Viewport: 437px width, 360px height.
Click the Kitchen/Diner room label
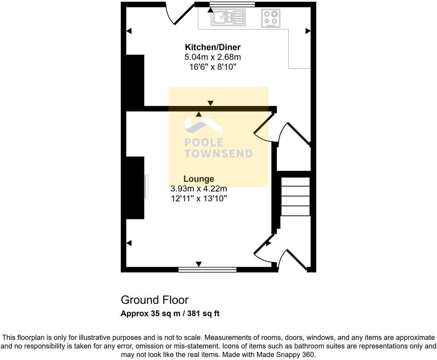(x=213, y=47)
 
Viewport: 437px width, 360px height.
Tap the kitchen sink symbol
(x=228, y=17)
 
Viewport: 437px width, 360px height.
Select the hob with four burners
(x=271, y=18)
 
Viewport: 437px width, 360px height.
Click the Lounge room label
(x=199, y=179)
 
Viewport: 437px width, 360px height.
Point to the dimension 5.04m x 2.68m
(x=213, y=57)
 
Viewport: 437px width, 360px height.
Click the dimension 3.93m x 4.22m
(x=199, y=189)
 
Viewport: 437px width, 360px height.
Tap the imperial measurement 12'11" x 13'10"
(x=199, y=198)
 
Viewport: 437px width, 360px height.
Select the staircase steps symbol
(x=295, y=196)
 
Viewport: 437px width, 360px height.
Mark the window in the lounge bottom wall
(x=207, y=270)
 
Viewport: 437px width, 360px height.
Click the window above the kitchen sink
(x=232, y=4)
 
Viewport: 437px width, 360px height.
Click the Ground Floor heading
(x=154, y=300)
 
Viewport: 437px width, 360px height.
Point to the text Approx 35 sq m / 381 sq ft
(x=170, y=314)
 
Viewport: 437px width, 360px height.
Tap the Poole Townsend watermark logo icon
(x=203, y=126)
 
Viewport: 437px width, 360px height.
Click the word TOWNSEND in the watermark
(x=218, y=154)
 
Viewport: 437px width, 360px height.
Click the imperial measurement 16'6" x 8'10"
(x=213, y=67)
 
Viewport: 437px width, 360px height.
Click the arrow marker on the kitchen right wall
(x=308, y=31)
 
